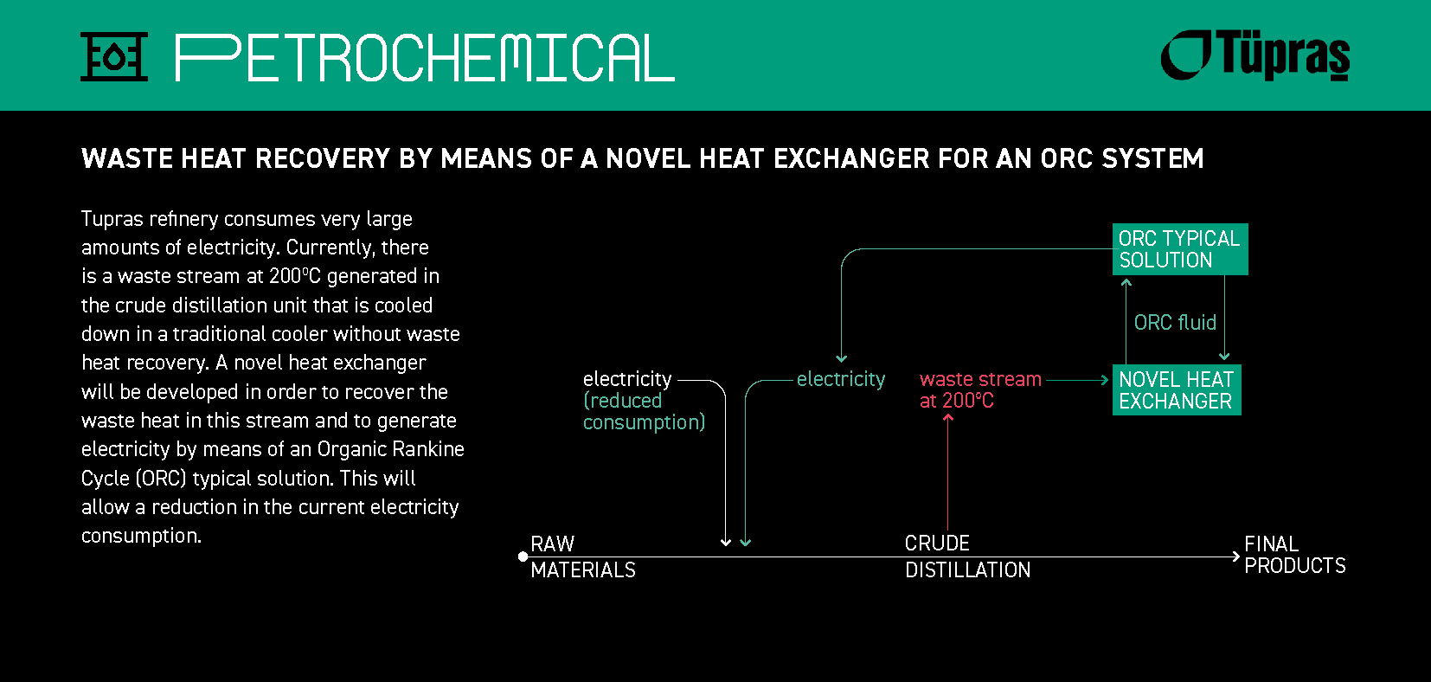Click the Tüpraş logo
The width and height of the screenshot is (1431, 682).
tap(1255, 55)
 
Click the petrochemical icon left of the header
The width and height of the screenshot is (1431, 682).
tap(114, 57)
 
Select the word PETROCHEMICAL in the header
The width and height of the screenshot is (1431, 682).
tap(425, 58)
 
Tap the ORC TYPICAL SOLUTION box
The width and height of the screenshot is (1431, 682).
tap(1179, 249)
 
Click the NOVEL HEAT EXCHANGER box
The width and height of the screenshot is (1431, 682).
tap(1176, 390)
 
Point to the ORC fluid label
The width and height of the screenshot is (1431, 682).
tap(1175, 323)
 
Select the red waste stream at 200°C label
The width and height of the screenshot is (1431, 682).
tap(979, 390)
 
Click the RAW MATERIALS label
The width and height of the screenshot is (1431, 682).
tap(582, 557)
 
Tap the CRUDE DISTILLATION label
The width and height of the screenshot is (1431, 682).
tap(967, 557)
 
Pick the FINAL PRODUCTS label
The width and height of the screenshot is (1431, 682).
tap(1294, 555)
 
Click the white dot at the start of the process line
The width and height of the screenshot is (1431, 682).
tap(523, 557)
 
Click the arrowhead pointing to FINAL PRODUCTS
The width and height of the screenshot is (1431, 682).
tap(1235, 557)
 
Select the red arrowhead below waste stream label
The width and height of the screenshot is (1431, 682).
tap(948, 418)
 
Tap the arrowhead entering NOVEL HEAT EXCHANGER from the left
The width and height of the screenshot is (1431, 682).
tap(1104, 380)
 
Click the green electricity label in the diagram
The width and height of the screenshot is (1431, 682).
tap(840, 379)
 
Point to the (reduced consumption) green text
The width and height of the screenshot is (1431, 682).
tap(643, 412)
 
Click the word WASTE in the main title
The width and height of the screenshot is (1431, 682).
tap(115, 159)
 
